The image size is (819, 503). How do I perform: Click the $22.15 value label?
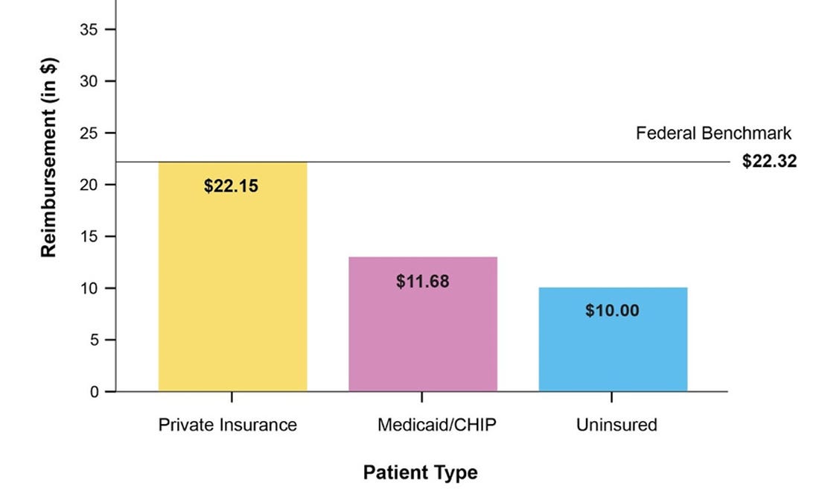click(231, 186)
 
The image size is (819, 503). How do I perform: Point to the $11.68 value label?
click(422, 282)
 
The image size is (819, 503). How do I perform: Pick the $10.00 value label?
click(612, 311)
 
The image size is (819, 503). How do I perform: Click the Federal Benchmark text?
click(713, 133)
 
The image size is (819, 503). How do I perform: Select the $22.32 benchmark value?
click(769, 162)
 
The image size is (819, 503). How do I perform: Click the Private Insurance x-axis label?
click(227, 425)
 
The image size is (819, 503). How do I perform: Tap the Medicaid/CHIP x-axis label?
click(436, 425)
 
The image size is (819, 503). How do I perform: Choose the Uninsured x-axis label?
click(616, 425)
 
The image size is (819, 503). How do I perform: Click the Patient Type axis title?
click(420, 472)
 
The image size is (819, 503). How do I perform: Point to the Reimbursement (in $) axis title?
click(49, 156)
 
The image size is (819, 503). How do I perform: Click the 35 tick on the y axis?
click(89, 30)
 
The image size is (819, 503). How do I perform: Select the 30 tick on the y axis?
click(89, 81)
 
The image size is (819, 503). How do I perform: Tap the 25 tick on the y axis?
click(89, 133)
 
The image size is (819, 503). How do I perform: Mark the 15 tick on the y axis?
click(89, 236)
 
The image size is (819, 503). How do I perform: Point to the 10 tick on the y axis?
click(89, 288)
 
